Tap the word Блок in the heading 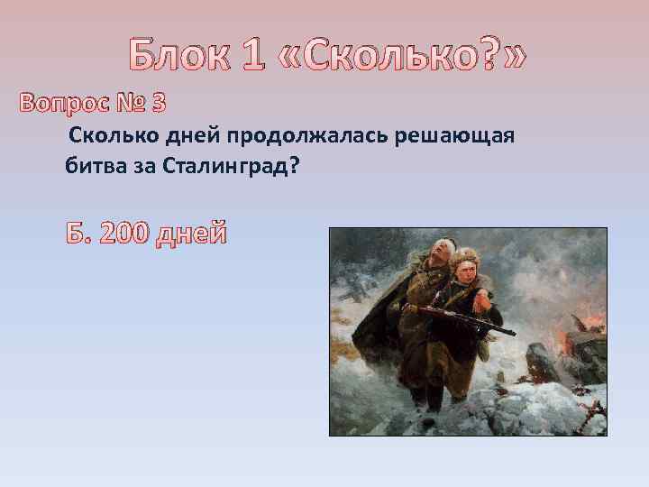coord(179,56)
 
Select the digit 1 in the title coord(257,56)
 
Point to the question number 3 coord(158,104)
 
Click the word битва coord(92,168)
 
